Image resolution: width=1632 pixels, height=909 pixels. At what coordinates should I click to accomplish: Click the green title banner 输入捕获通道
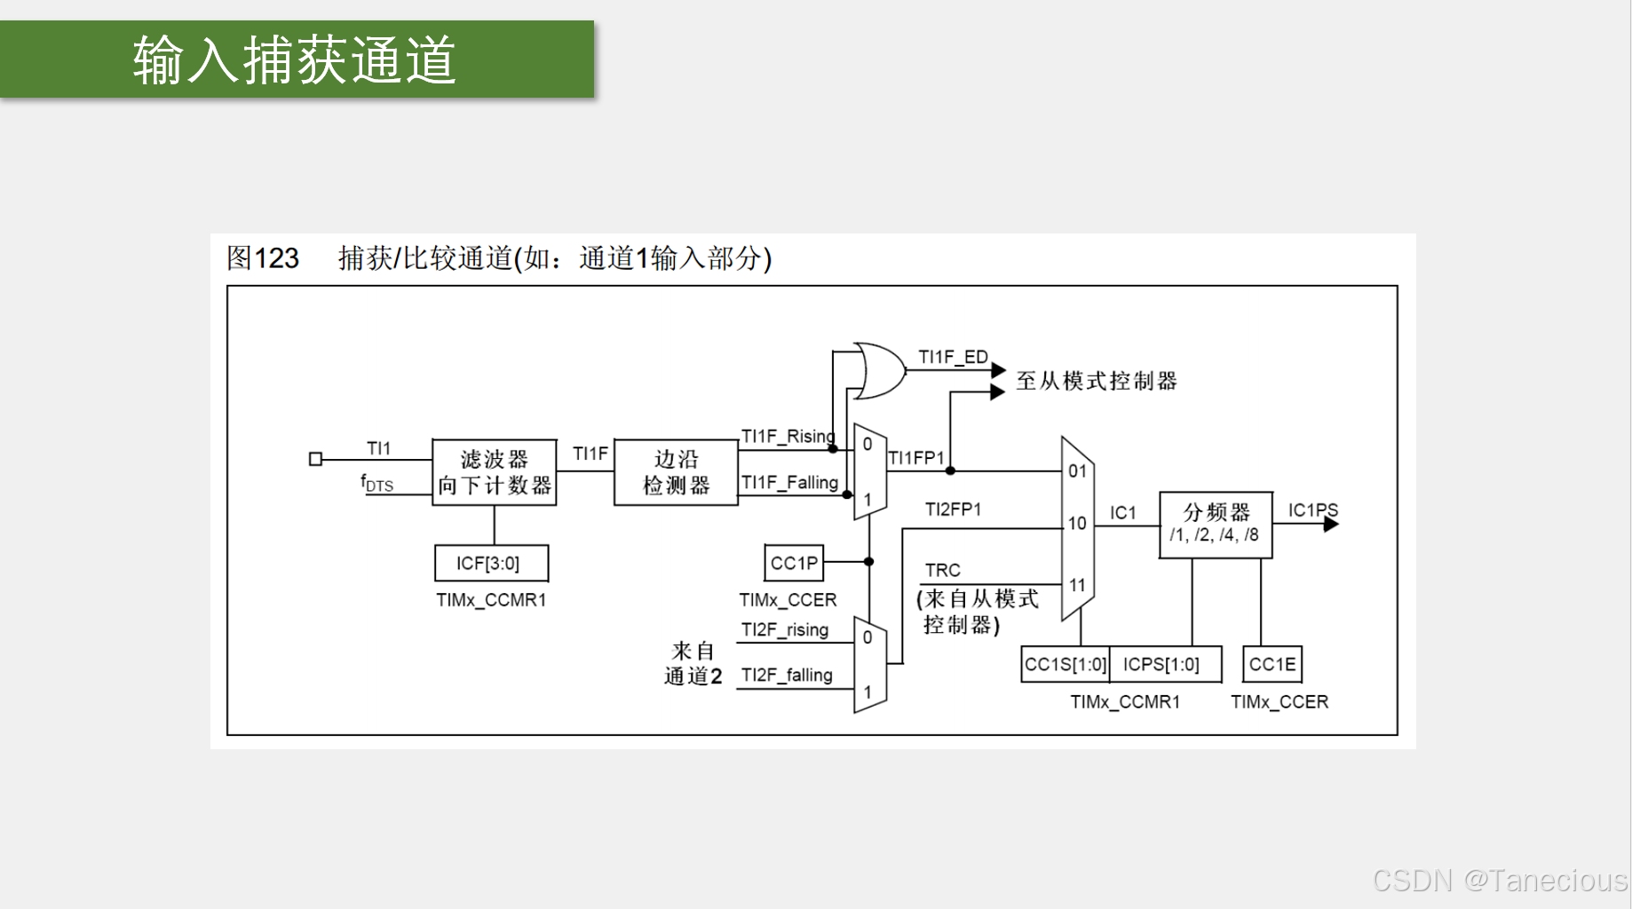[297, 59]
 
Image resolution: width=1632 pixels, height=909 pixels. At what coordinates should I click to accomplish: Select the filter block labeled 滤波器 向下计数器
[494, 472]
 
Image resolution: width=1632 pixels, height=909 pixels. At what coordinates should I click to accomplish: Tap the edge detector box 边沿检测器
[676, 472]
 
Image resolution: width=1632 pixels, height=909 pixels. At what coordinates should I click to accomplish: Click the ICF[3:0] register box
[490, 563]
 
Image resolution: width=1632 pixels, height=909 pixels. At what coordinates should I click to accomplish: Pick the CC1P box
[794, 563]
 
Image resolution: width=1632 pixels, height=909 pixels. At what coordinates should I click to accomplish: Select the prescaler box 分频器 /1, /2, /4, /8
[1215, 524]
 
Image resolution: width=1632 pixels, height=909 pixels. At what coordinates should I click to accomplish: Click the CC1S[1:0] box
[1065, 664]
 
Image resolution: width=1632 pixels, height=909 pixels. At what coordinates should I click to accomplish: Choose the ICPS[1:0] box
[1162, 664]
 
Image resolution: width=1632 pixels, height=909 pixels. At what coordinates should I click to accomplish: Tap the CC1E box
[1272, 664]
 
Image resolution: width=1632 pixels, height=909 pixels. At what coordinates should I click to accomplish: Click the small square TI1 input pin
[315, 459]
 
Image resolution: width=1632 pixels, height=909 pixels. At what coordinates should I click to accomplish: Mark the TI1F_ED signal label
[952, 357]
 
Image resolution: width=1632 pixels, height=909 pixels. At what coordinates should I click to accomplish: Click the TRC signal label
[942, 570]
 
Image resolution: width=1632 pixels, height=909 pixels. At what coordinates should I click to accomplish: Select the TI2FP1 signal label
[952, 510]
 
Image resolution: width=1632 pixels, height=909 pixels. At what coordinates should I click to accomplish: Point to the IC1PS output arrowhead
[1330, 524]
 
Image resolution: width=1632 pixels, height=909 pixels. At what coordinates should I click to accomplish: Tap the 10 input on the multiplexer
[1077, 524]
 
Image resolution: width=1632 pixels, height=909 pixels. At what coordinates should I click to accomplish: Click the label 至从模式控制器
[1097, 382]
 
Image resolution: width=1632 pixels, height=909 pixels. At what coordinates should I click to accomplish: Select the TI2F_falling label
[787, 676]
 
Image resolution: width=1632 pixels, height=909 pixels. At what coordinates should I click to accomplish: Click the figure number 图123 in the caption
[263, 258]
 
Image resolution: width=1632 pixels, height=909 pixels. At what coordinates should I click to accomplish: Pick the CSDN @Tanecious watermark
[1499, 881]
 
